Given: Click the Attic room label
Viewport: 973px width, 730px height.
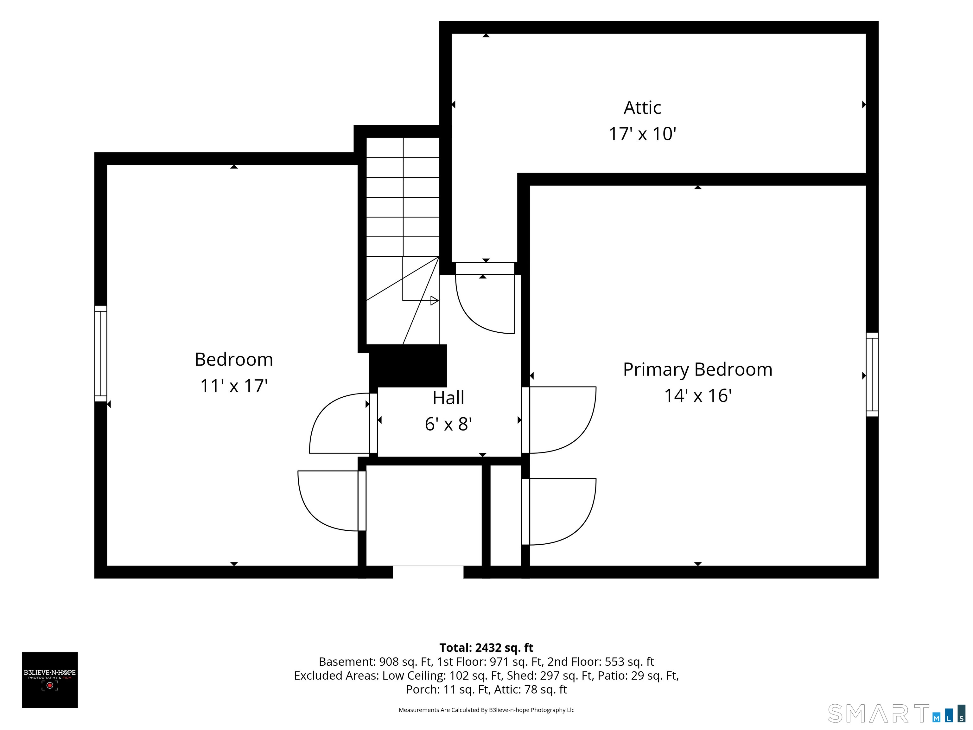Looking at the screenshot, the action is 642,108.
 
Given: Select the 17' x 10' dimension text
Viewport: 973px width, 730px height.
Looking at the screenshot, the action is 642,134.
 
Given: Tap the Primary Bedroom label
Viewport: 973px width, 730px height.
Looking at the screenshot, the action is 698,370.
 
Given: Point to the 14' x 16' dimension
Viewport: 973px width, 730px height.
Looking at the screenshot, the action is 698,396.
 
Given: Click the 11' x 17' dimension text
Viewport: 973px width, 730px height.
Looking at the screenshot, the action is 234,386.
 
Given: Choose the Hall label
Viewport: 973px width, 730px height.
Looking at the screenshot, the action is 448,398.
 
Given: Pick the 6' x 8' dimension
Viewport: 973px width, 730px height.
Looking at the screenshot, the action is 448,424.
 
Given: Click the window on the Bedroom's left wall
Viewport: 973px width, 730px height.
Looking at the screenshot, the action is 101,353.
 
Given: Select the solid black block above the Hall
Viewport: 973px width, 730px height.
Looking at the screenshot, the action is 408,366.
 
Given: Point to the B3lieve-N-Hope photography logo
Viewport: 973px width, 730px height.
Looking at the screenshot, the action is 50,680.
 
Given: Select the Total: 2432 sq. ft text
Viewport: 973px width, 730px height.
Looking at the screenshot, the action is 486,648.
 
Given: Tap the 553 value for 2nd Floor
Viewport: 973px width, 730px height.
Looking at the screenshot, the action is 614,662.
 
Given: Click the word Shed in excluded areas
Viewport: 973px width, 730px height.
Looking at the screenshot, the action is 520,676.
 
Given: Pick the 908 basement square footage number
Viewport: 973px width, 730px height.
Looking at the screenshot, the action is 389,662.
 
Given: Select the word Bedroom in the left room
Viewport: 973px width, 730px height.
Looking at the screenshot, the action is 234,360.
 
